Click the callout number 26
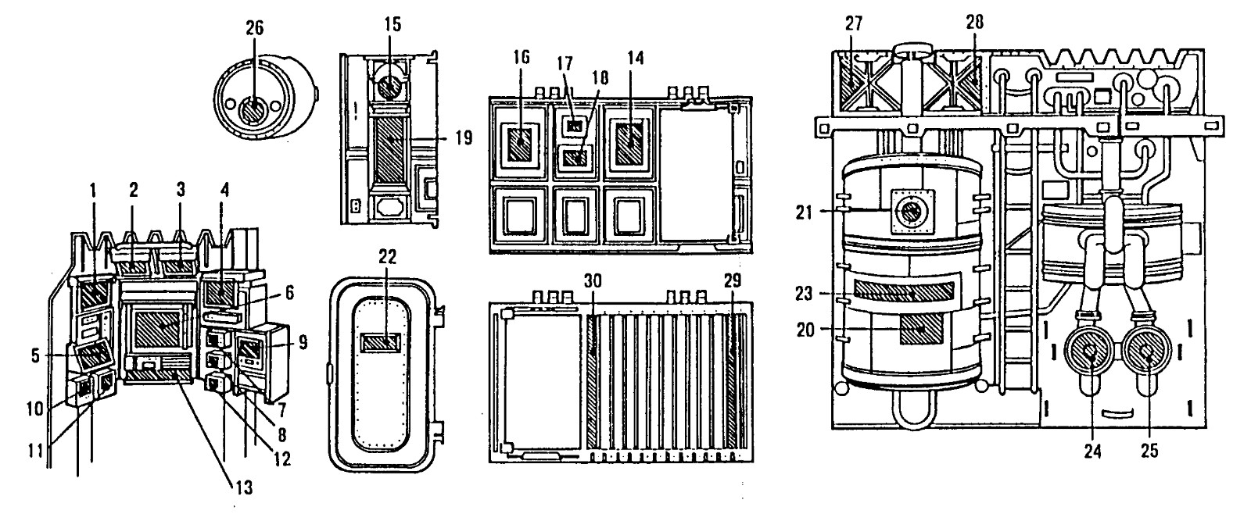point(255,28)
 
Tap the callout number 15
point(393,24)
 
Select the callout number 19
point(462,137)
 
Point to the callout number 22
point(387,257)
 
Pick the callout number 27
point(853,23)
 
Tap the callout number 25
point(1149,450)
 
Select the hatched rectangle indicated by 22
point(380,343)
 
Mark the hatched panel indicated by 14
point(629,142)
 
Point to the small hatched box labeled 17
point(574,126)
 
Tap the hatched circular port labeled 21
point(912,212)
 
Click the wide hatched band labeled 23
point(904,290)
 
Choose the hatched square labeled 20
point(921,329)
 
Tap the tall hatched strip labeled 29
point(733,382)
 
